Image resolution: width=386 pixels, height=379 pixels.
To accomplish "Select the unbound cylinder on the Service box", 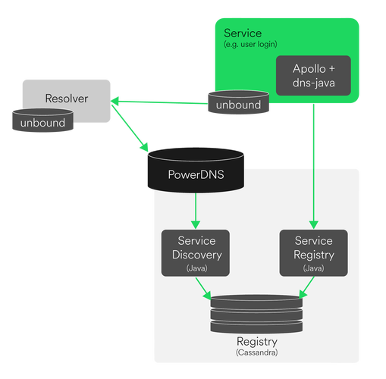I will [x=237, y=105].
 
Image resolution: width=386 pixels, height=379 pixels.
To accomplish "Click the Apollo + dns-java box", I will [x=313, y=75].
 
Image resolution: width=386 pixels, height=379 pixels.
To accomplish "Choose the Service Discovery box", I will [x=195, y=253].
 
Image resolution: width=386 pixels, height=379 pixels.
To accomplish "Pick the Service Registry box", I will [x=313, y=253].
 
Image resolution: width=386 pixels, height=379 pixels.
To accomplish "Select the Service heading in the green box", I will [x=243, y=33].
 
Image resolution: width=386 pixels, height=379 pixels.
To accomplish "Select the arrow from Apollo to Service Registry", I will [x=313, y=159].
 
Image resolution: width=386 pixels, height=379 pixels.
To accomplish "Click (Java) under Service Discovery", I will [x=195, y=268].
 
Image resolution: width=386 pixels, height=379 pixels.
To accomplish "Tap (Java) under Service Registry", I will [x=313, y=268].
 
